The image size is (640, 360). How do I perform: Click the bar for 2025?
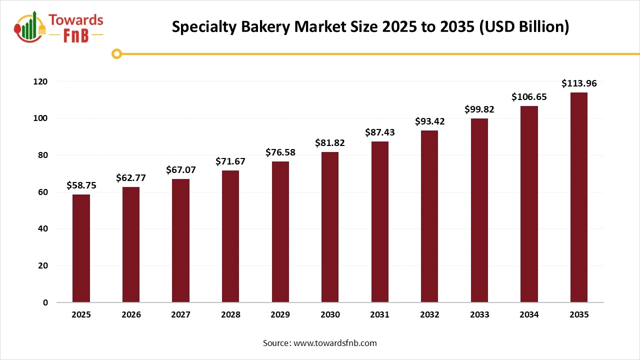point(81,248)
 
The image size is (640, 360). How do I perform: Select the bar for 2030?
point(330,227)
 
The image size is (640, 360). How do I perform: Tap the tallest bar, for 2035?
point(578,197)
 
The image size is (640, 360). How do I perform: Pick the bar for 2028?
point(230,236)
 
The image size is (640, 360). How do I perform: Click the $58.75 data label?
point(81,185)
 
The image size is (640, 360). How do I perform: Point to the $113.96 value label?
point(578,83)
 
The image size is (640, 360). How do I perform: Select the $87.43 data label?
point(379,132)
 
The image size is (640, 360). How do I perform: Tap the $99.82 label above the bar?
point(479,109)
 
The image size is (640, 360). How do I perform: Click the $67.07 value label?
point(181,170)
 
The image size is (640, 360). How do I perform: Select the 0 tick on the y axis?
point(45,302)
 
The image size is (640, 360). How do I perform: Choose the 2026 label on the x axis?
point(131,315)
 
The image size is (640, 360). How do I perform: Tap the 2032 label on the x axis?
point(429,315)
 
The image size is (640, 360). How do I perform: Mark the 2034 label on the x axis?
point(529,315)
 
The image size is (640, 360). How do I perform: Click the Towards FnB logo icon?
point(30,27)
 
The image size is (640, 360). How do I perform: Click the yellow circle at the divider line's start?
point(116,53)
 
